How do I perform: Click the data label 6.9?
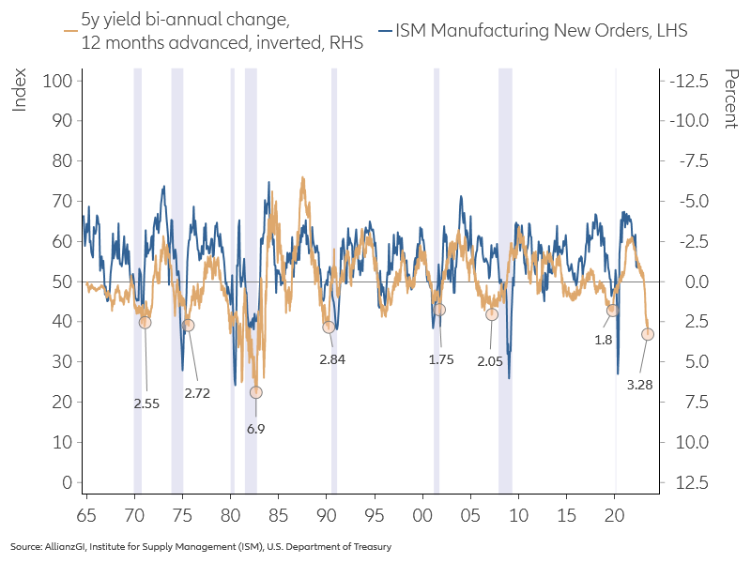pos(255,428)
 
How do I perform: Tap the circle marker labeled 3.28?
pos(648,334)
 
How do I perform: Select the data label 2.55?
pos(146,403)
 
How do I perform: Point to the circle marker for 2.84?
pos(329,327)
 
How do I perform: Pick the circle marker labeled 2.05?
pos(491,314)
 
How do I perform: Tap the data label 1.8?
pos(604,340)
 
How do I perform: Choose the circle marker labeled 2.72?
pos(189,325)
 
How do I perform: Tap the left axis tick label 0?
pos(67,482)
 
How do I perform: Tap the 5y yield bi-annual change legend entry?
pos(188,31)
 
